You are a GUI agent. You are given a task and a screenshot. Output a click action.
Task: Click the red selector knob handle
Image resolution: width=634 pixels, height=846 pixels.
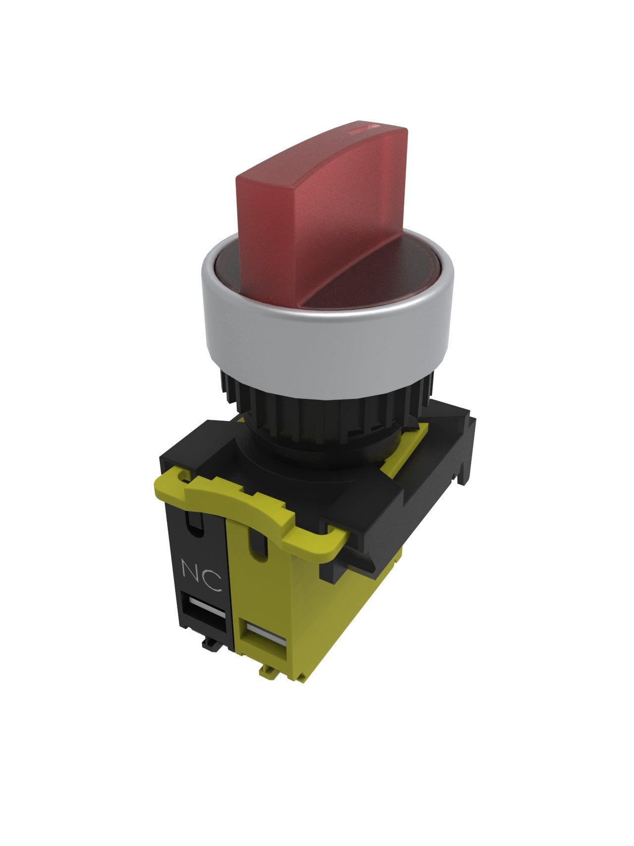point(322,208)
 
